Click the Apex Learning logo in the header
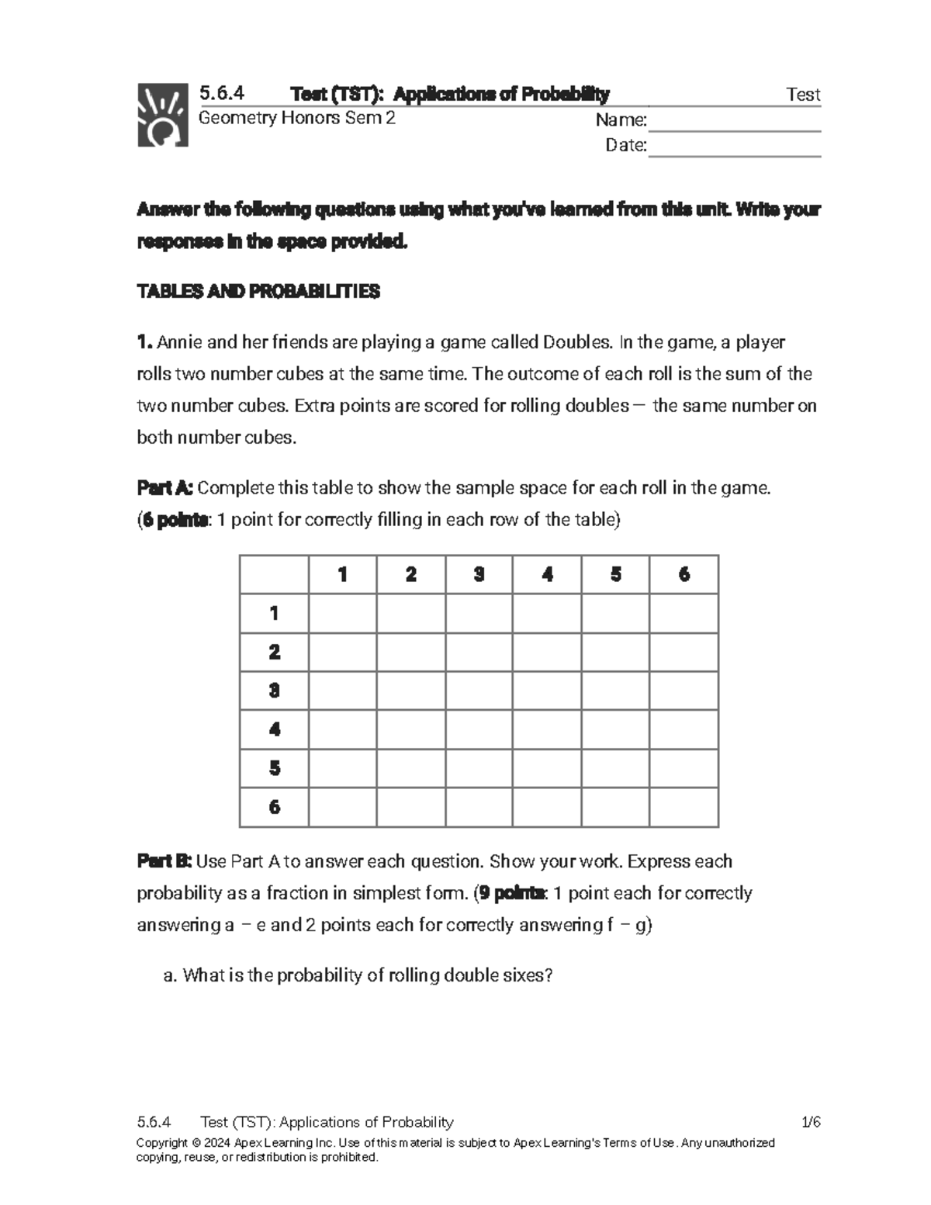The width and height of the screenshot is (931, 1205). [163, 115]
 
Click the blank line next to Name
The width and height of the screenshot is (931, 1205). [734, 121]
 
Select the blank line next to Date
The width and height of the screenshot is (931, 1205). [734, 146]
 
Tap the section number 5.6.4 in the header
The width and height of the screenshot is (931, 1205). [222, 94]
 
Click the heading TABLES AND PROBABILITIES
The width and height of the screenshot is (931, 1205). [258, 292]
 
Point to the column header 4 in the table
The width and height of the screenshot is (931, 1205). [548, 574]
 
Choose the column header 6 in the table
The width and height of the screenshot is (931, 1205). [684, 574]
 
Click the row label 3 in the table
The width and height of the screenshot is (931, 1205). [275, 691]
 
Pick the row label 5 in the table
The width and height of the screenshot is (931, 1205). [275, 768]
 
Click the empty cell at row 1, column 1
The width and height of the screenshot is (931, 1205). [343, 614]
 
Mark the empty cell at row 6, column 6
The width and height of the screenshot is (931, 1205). [684, 807]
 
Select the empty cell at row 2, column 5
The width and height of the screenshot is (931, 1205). [616, 653]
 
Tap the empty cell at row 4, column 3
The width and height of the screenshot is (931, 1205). [479, 729]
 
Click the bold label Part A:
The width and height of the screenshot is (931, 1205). [165, 488]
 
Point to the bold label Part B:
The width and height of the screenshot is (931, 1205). [164, 861]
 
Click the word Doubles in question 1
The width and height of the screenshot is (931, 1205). [578, 342]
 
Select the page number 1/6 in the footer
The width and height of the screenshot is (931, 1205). [811, 1122]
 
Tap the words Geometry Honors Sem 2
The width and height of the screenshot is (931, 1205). [297, 118]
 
